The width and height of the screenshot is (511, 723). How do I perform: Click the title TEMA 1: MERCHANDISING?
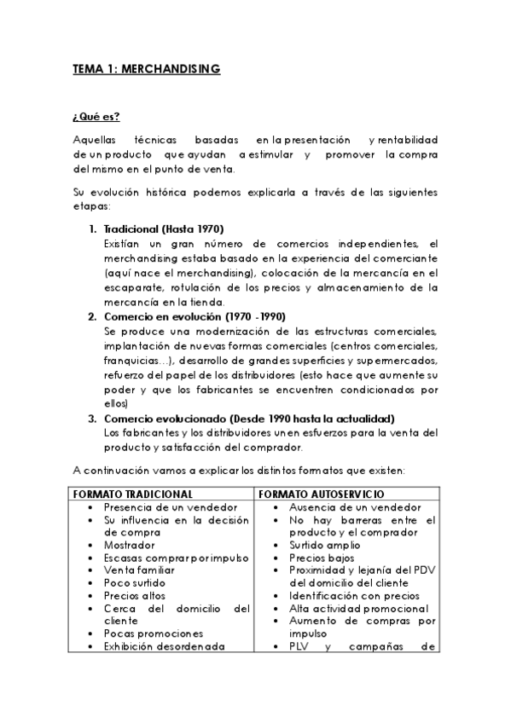[x=146, y=69]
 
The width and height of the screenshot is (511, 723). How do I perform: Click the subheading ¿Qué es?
[x=96, y=117]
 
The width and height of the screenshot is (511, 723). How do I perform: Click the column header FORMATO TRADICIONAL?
[x=132, y=494]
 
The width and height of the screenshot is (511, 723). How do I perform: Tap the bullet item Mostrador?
[x=129, y=545]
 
